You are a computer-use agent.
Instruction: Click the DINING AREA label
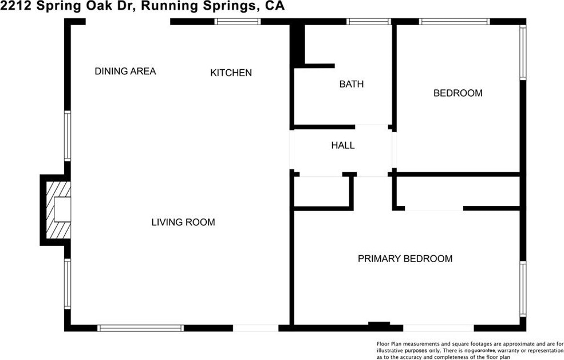coord(125,72)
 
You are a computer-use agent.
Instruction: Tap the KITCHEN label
coord(231,73)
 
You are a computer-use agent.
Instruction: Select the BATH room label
coord(351,84)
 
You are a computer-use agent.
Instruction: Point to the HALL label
coord(342,145)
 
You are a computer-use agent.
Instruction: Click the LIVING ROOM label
coord(183,222)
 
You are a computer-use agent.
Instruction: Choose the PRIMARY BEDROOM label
coord(405,259)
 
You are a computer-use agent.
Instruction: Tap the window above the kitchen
coord(237,22)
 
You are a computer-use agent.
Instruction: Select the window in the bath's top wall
coord(369,22)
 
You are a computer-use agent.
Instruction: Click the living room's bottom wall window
coord(140,328)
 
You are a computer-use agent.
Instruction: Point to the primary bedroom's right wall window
coord(523,287)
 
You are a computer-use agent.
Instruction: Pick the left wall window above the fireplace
coord(68,136)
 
